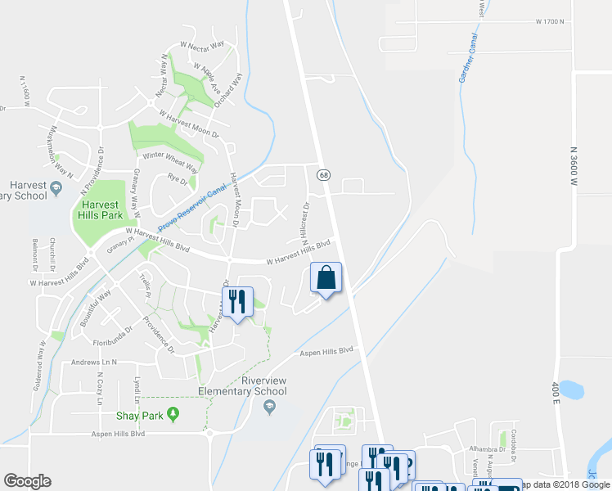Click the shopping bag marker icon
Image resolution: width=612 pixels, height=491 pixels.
tap(326, 278)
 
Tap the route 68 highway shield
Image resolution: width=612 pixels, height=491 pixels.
tap(324, 175)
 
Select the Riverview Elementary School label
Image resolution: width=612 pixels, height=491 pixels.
tap(263, 385)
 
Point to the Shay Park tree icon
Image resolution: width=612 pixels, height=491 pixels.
tap(173, 415)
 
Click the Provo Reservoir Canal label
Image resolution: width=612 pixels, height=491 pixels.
tap(191, 205)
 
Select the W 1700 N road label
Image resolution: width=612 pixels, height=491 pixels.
tap(551, 22)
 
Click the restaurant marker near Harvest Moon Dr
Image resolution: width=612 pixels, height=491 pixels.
tap(236, 301)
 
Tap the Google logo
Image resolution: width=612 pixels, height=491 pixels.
tap(27, 481)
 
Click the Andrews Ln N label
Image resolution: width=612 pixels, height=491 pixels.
tap(94, 362)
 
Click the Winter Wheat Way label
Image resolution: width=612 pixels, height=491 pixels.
tap(170, 160)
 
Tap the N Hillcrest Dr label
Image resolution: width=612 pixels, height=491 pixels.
tap(304, 218)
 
